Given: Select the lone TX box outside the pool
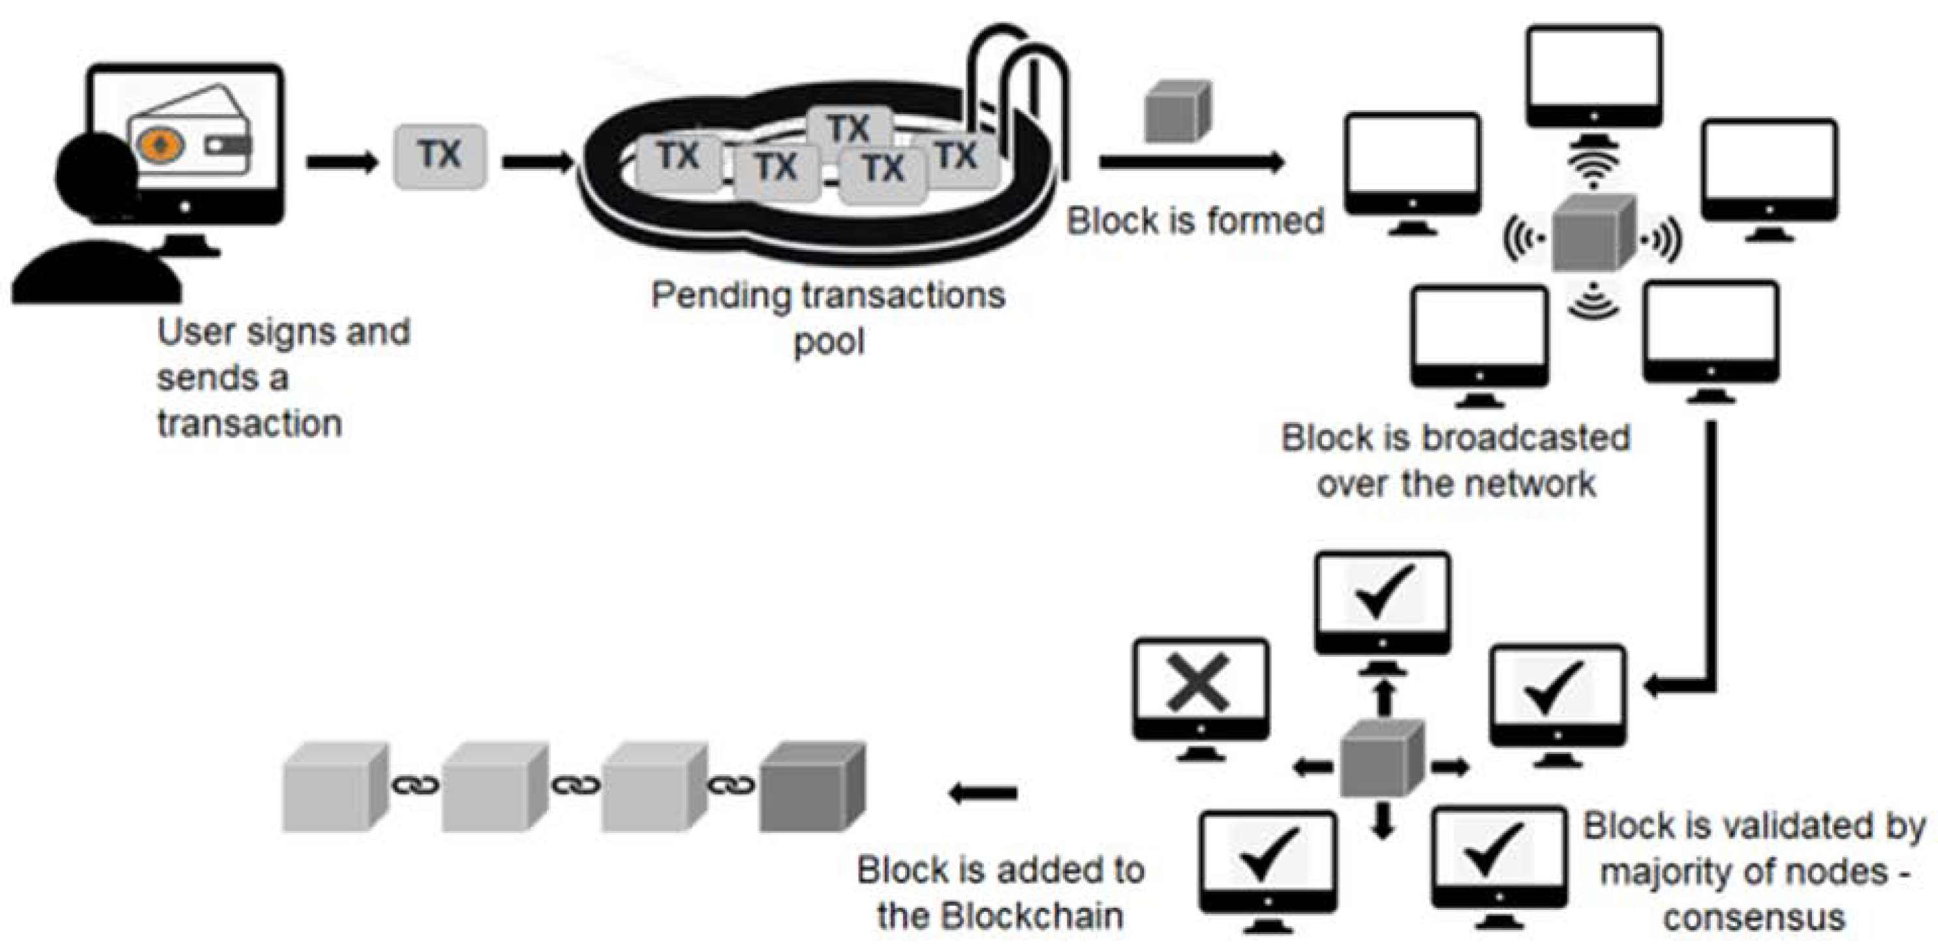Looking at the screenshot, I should [x=440, y=156].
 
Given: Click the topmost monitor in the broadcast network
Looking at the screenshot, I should [x=1593, y=75].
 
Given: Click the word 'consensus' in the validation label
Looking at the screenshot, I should [x=1754, y=918].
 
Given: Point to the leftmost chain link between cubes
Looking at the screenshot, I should [x=416, y=786].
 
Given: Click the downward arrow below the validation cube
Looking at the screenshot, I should [x=1383, y=821].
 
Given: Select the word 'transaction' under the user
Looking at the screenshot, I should [x=250, y=424].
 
